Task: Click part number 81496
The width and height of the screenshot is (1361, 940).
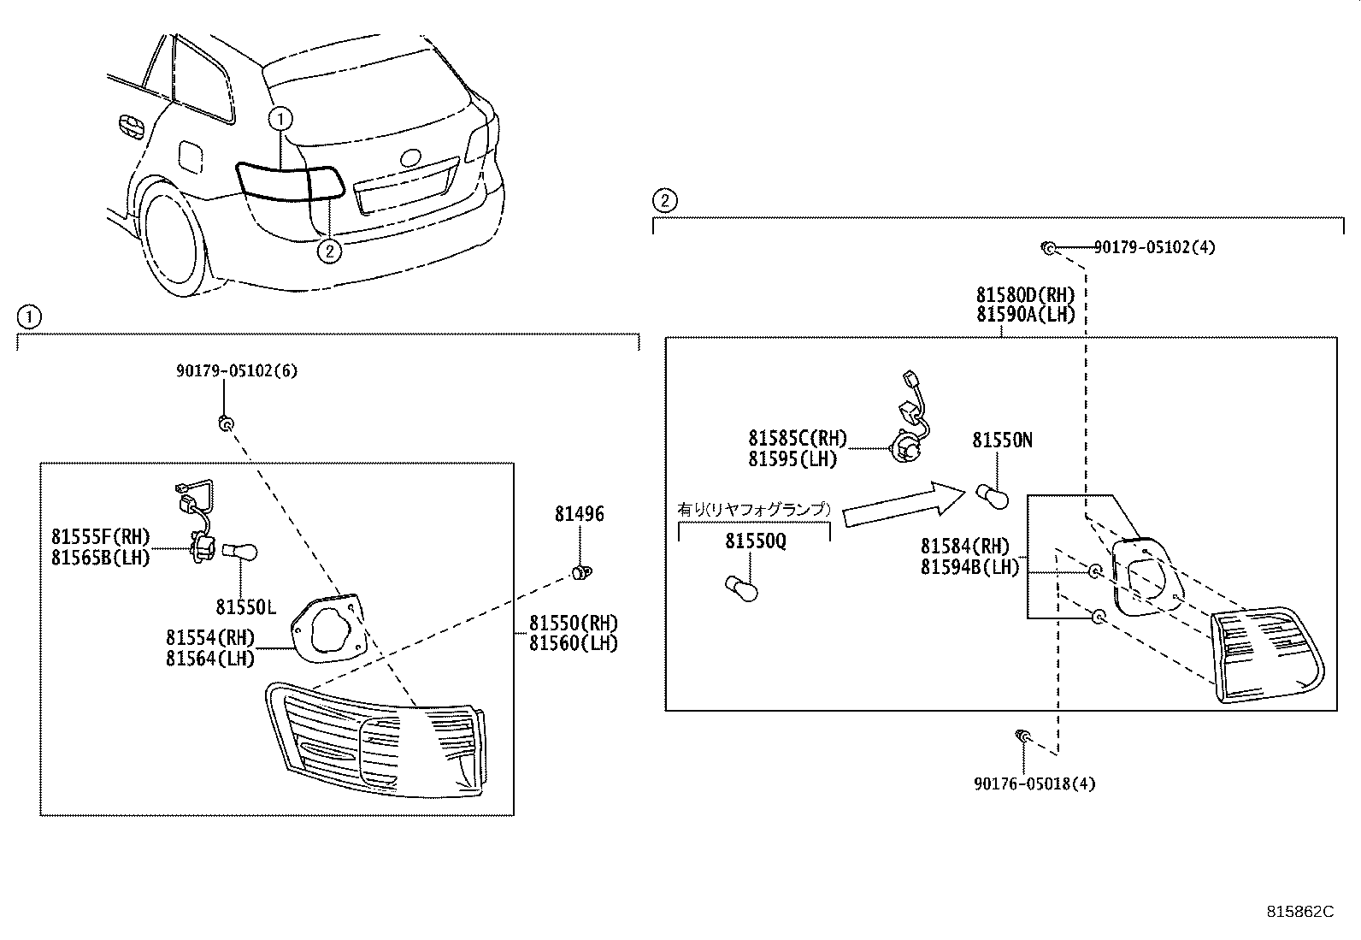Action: [579, 514]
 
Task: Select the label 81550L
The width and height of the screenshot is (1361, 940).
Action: [245, 607]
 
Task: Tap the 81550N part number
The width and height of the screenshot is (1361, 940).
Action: [1002, 440]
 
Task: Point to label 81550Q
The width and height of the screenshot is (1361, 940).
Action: [755, 541]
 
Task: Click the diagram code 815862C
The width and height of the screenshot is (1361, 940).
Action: [1299, 912]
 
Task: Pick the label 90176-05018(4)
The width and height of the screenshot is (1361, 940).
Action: [1034, 783]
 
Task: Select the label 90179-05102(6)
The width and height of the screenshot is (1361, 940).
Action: [238, 371]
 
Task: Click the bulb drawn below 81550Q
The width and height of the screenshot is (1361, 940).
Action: [741, 588]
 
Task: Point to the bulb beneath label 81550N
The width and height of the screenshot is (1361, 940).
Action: [992, 496]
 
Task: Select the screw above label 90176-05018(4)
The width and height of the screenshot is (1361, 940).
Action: [1022, 736]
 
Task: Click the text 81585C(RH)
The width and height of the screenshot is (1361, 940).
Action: [797, 439]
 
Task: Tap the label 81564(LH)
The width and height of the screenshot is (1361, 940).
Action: [210, 658]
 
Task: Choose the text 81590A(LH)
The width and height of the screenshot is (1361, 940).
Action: [1025, 314]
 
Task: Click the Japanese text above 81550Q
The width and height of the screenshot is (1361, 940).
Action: [753, 509]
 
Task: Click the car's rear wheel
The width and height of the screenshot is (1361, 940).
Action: [174, 244]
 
